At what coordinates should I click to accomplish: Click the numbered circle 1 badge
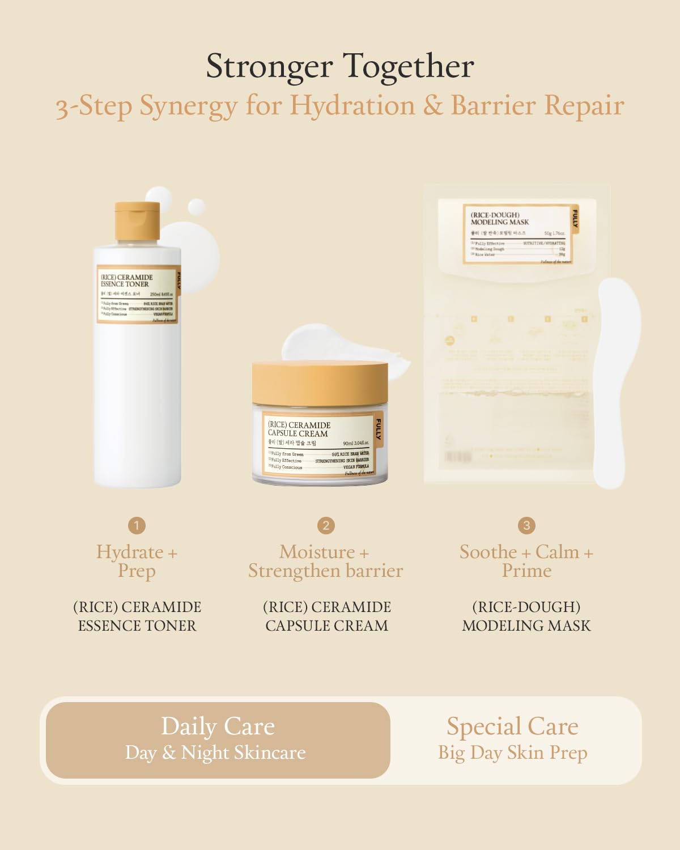137,525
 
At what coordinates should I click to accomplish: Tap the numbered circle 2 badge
326,525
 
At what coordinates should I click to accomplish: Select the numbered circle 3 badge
526,525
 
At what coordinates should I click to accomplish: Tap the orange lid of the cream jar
320,382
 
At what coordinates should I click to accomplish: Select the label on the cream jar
320,445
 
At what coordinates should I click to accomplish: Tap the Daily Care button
218,739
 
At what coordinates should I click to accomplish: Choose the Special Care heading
512,726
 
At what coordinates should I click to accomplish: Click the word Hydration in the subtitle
352,105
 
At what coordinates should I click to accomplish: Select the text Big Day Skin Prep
512,753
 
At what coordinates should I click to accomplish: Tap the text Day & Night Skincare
215,753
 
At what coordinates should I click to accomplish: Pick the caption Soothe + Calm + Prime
526,561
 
